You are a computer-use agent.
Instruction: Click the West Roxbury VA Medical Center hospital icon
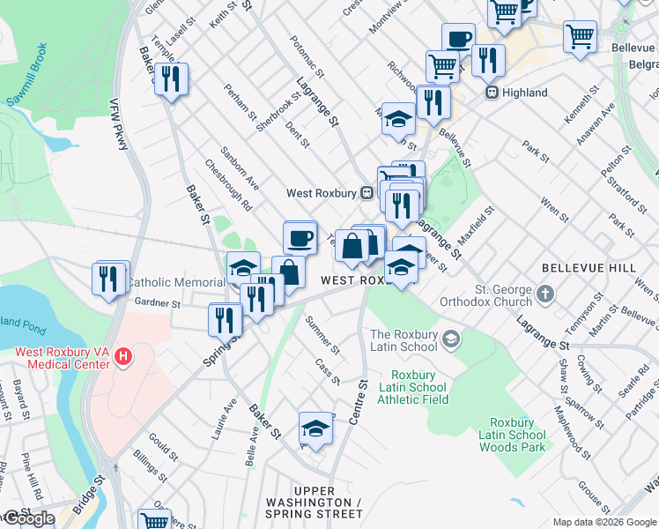pos(124,357)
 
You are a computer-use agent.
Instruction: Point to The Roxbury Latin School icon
pos(451,339)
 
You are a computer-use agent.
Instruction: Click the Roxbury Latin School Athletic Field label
pos(412,387)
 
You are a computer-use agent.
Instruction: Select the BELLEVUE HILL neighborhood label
pos(576,267)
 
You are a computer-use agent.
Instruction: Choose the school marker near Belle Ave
pos(315,428)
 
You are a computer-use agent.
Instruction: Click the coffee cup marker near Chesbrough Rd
pos(300,236)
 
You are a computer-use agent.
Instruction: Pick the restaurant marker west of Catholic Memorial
pos(109,278)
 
